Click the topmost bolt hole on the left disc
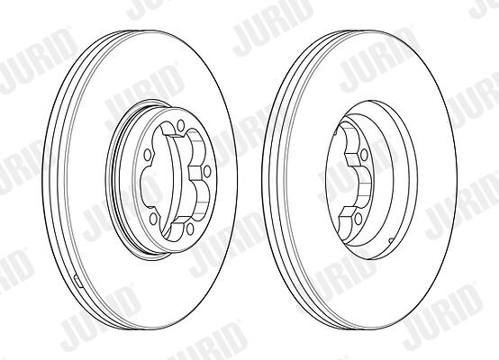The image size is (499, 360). [181, 125]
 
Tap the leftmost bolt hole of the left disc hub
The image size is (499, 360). [148, 155]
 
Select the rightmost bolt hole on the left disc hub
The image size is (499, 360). [207, 172]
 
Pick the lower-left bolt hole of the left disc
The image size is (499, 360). [153, 218]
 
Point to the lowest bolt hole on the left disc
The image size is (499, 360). [191, 229]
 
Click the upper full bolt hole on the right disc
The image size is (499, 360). [364, 155]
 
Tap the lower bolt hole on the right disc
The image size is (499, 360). [358, 218]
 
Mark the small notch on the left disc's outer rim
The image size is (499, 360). [78, 282]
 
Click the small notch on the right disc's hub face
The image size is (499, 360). [391, 239]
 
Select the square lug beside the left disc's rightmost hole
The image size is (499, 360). [195, 173]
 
